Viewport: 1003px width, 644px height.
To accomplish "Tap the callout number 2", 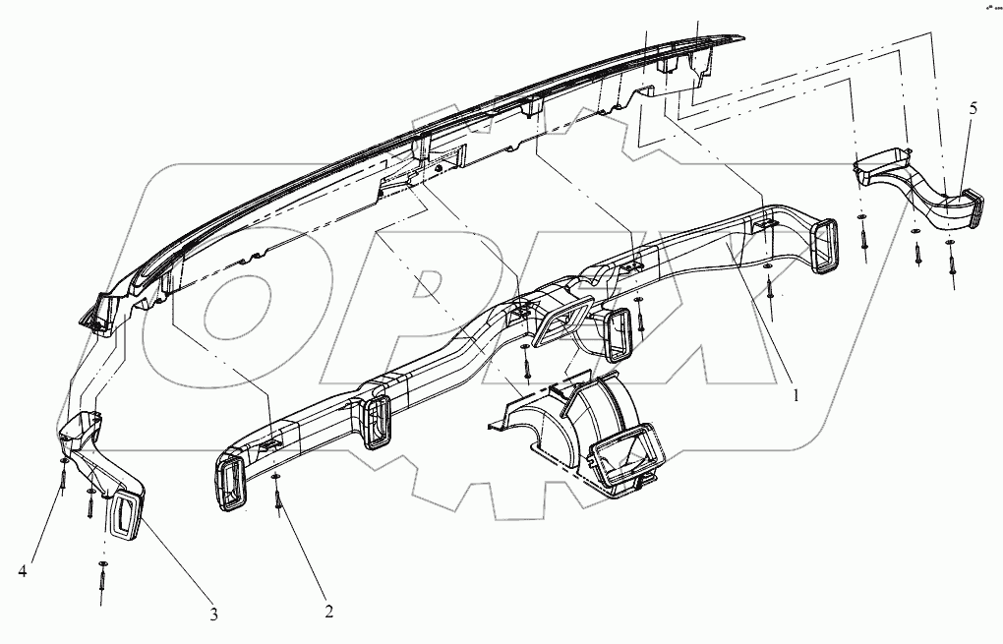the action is (x=328, y=611).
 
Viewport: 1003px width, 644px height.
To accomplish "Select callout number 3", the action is (x=213, y=615).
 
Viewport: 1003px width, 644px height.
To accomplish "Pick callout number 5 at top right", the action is (x=973, y=109).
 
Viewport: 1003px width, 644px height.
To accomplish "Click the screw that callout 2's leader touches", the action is (x=278, y=498).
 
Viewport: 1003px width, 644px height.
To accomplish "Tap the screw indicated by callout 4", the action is (x=63, y=476).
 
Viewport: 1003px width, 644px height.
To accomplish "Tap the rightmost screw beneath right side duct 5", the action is (x=952, y=261).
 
